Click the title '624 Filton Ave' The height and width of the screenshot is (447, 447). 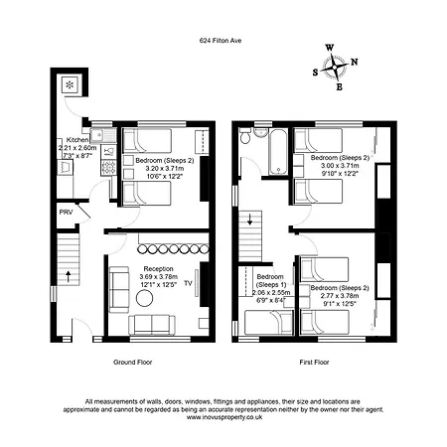coord(223,41)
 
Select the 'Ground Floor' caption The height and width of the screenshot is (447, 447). coord(130,363)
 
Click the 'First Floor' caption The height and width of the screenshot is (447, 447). coord(313,363)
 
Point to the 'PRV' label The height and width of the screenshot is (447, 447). coord(66,213)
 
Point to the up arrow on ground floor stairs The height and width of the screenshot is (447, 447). coord(68,272)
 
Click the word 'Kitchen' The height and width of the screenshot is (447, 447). coord(78,140)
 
